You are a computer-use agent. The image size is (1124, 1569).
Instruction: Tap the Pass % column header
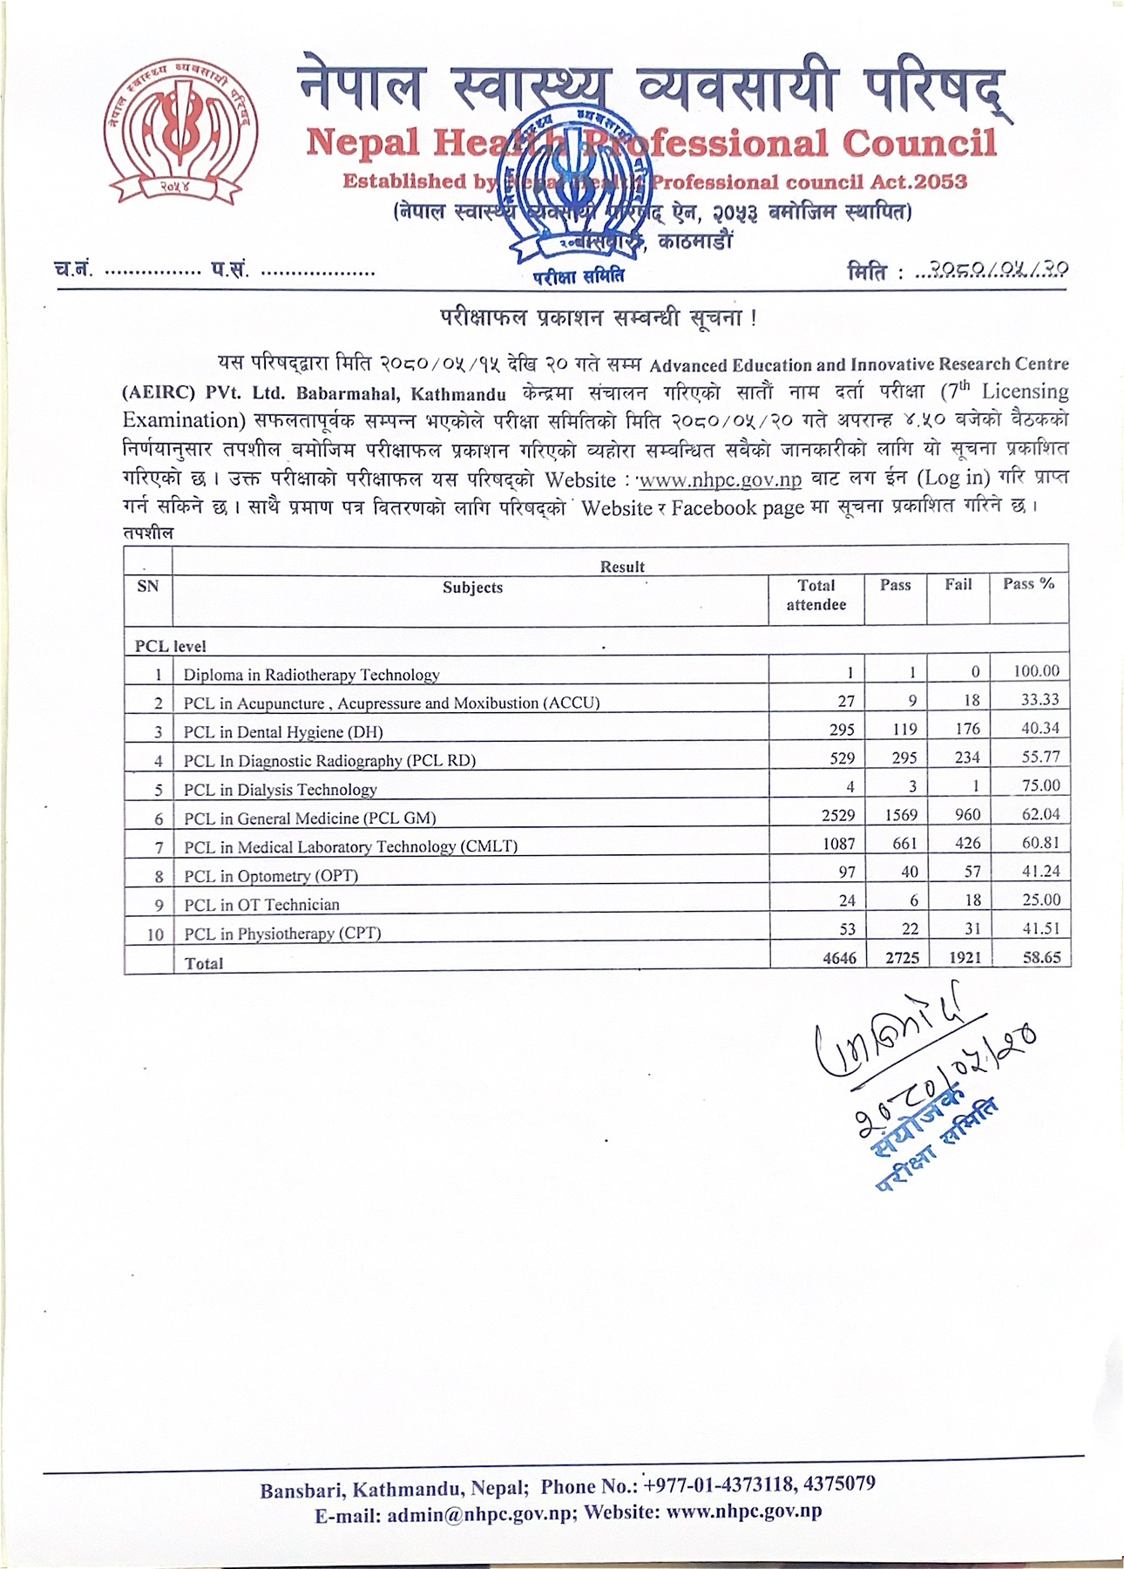click(x=1028, y=584)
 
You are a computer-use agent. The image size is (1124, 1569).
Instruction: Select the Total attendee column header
click(x=816, y=595)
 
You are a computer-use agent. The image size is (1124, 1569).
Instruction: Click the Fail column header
click(x=958, y=585)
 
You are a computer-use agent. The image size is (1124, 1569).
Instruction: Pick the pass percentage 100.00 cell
click(x=1036, y=671)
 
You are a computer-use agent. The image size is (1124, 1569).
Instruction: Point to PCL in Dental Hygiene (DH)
click(x=283, y=732)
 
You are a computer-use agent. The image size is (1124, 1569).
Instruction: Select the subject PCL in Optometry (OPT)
click(x=271, y=876)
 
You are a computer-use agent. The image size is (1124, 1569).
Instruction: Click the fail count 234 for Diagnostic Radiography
click(x=966, y=757)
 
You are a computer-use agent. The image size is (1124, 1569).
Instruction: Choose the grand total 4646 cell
click(x=839, y=958)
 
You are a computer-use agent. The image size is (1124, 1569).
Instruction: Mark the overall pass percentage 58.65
click(x=1041, y=957)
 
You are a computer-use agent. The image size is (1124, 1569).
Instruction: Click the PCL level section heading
click(x=170, y=647)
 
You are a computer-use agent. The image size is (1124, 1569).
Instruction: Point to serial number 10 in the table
click(x=155, y=934)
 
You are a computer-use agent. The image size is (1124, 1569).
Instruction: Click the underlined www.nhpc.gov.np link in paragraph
click(x=720, y=479)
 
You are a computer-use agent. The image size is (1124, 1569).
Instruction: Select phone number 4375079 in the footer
click(x=839, y=1484)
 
